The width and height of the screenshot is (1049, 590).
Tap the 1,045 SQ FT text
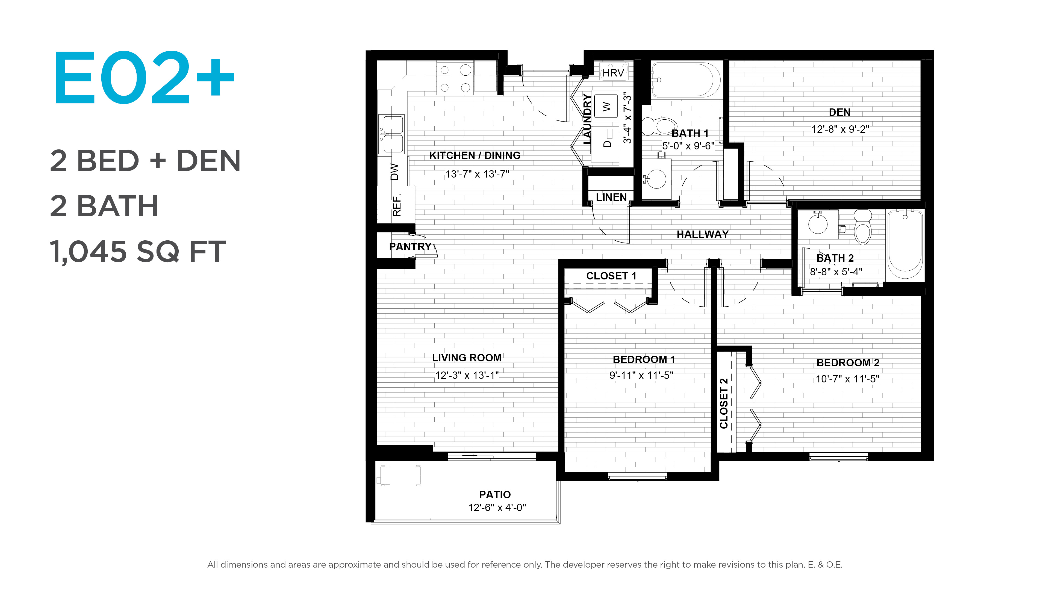pos(138,252)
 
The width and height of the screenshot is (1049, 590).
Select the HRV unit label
pos(613,73)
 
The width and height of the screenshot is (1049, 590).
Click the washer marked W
pos(606,107)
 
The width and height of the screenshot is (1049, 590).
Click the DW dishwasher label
pos(394,172)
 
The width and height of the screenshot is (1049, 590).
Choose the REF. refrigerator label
pos(397,205)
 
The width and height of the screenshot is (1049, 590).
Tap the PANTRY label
pos(410,247)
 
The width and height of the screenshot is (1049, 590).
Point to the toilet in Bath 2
pos(862,227)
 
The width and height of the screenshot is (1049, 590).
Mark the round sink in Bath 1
pos(656,178)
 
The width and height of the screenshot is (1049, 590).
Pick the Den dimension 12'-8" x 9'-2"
pos(840,129)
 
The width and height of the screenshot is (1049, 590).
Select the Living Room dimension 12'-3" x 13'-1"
pos(467,375)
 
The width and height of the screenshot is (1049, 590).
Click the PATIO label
pos(495,495)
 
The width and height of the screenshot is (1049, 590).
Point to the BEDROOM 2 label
pos(848,363)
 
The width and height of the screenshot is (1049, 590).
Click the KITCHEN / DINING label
pos(475,155)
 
